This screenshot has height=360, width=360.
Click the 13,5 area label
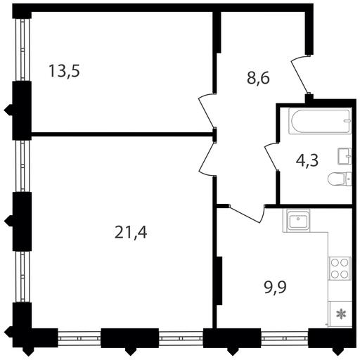tap(65, 71)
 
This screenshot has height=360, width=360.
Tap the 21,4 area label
tap(131, 233)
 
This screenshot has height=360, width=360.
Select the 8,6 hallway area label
tap(258, 78)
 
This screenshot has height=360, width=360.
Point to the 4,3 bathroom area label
tap(307, 161)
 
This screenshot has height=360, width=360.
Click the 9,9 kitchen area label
tap(276, 288)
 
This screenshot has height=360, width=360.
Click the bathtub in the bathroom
tap(320, 121)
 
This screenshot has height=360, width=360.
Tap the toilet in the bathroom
tap(340, 179)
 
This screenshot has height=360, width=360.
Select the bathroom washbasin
tap(345, 156)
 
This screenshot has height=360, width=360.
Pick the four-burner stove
tap(340, 269)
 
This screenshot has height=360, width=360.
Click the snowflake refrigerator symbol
tap(341, 314)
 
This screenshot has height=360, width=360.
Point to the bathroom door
tap(272, 156)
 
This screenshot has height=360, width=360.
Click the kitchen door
tap(247, 214)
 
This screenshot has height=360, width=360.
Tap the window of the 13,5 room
tap(22, 49)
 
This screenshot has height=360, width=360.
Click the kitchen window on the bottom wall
tap(285, 338)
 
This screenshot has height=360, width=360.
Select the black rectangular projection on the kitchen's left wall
tap(219, 281)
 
